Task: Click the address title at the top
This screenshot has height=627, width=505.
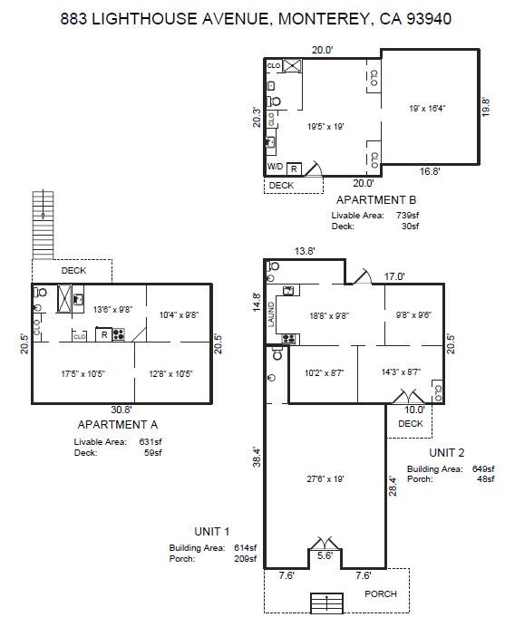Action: point(255,18)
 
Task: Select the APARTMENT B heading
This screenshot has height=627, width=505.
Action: point(375,199)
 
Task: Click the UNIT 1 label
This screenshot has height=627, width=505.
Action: point(212,531)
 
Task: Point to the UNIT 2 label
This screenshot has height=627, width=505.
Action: point(448,451)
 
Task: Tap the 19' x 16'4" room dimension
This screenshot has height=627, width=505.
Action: point(427,108)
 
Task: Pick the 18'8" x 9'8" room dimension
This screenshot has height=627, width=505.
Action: point(330,316)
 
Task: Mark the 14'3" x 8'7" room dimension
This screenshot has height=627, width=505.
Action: point(399,372)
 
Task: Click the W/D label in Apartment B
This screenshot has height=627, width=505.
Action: point(275,168)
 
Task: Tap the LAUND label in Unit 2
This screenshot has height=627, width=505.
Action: point(270,314)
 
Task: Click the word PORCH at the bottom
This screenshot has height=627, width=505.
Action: point(381,594)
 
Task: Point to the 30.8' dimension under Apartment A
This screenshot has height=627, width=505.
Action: point(121,410)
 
